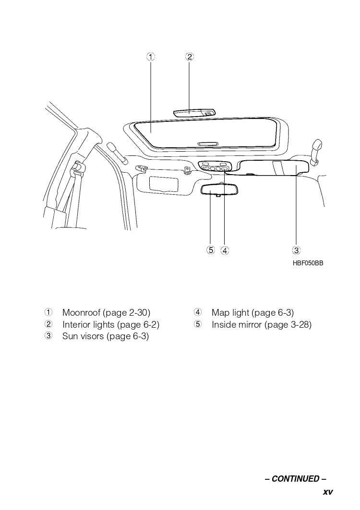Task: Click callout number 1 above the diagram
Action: pyautogui.click(x=151, y=57)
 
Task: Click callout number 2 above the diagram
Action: pyautogui.click(x=189, y=57)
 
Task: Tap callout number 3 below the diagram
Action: pyautogui.click(x=296, y=250)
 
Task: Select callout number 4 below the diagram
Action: pyautogui.click(x=225, y=250)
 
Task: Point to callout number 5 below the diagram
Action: pyautogui.click(x=210, y=250)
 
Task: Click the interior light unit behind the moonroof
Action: pyautogui.click(x=194, y=113)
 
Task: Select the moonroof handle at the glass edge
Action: pyautogui.click(x=207, y=143)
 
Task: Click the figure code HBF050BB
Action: pyautogui.click(x=308, y=263)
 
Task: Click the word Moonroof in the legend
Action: pyautogui.click(x=81, y=313)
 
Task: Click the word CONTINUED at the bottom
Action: pyautogui.click(x=295, y=479)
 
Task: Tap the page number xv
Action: pyautogui.click(x=327, y=492)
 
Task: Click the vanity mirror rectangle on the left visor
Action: pyautogui.click(x=164, y=184)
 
